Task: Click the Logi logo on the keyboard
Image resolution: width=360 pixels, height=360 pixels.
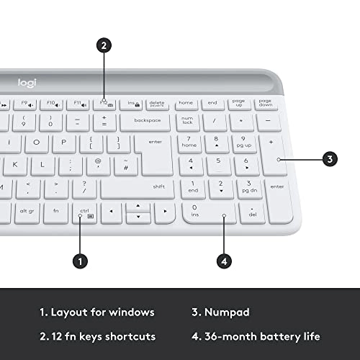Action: coord(27,84)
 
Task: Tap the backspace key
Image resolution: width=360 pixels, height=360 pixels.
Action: coord(147,120)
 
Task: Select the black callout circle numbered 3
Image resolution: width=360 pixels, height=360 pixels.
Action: coord(330,159)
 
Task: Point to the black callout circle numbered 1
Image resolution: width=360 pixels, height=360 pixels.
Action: coord(81,261)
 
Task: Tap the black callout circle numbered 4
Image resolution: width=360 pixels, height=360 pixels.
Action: coord(225,261)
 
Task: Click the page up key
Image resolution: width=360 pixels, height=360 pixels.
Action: coord(238,103)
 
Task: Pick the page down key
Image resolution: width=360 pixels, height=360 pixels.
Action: coord(265,103)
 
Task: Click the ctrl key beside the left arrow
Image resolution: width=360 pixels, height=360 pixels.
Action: coord(84,212)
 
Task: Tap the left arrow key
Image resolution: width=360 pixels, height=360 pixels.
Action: coord(110,212)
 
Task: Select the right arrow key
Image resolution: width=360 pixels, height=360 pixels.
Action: coord(164,212)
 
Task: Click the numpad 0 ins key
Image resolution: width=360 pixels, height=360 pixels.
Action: coord(207,212)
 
